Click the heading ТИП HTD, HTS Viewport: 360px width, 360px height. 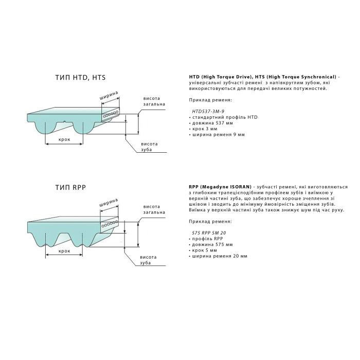point(83,78)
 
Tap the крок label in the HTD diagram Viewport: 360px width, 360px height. point(64,140)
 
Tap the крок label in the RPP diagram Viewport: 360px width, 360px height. point(64,251)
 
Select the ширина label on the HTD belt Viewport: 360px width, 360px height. point(109,96)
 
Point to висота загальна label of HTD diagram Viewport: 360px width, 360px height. point(154,101)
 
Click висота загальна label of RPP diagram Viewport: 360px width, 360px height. point(154,209)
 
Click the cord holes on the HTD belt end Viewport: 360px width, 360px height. point(111,115)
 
